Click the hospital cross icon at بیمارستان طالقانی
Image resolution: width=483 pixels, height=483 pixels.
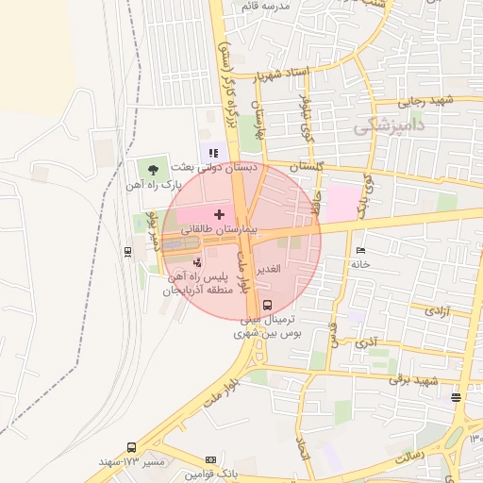220,215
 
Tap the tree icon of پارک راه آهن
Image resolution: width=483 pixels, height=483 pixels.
153,170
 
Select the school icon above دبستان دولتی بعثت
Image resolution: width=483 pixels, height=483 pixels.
214,153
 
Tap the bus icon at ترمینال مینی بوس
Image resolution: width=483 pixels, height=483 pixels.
268,305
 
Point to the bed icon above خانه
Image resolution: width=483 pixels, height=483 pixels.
359,250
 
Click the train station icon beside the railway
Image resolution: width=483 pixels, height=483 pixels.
127,251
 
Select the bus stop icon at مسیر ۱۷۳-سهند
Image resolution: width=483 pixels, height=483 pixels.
129,447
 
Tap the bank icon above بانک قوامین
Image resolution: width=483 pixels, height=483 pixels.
210,458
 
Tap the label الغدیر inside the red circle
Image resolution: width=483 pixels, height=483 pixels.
269,270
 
